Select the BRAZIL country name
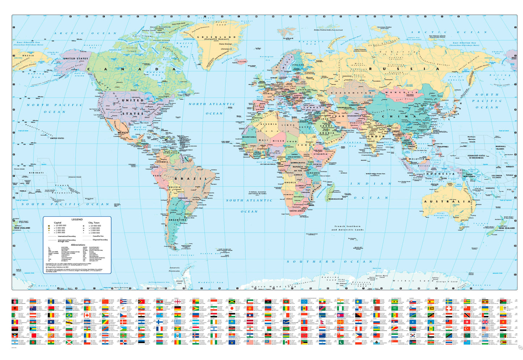[x=191, y=179]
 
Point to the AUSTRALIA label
[x=447, y=202]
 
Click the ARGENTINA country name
[x=178, y=220]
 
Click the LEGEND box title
[x=77, y=220]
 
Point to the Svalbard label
[x=288, y=38]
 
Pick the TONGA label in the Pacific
[x=23, y=191]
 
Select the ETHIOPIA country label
[x=321, y=154]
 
